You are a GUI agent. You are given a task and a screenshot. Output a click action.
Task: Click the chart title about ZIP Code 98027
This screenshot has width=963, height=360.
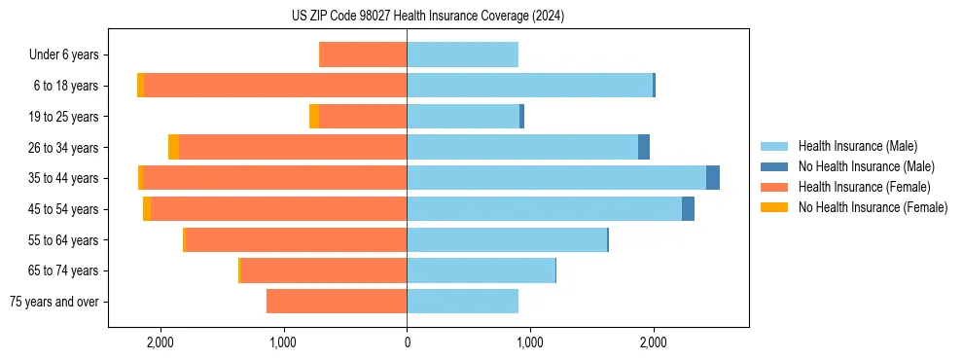(427, 17)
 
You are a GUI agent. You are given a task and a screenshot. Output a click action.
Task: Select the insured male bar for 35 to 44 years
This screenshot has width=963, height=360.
(555, 178)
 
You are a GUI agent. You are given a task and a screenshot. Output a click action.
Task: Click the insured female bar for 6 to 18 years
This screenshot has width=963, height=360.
(275, 86)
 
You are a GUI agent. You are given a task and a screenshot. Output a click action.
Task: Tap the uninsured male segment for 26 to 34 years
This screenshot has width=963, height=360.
(644, 147)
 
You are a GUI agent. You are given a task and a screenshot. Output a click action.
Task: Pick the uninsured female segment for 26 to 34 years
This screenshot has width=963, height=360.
(173, 147)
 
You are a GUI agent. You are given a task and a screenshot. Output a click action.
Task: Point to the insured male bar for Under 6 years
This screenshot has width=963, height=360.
(462, 54)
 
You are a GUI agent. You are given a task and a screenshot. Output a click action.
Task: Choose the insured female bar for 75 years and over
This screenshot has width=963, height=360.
(337, 302)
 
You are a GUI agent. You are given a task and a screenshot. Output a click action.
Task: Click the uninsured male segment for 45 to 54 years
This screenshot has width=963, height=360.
(688, 209)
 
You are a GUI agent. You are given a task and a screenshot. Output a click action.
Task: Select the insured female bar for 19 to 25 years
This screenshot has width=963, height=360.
(363, 117)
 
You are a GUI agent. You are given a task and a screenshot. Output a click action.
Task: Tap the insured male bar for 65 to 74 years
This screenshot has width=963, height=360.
(481, 270)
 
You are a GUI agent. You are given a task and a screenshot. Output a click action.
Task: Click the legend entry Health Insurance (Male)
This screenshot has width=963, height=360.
(857, 146)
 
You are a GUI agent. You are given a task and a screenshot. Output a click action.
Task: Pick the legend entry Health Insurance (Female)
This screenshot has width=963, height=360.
(864, 187)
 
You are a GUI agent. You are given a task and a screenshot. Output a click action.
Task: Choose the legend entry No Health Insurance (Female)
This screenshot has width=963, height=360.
(873, 207)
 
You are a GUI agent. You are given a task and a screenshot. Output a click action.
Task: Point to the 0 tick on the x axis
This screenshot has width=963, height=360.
(407, 342)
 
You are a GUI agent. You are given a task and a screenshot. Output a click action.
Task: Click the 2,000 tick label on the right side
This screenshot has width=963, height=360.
(654, 342)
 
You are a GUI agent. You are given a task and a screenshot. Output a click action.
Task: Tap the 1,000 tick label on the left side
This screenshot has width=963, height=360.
(283, 342)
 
